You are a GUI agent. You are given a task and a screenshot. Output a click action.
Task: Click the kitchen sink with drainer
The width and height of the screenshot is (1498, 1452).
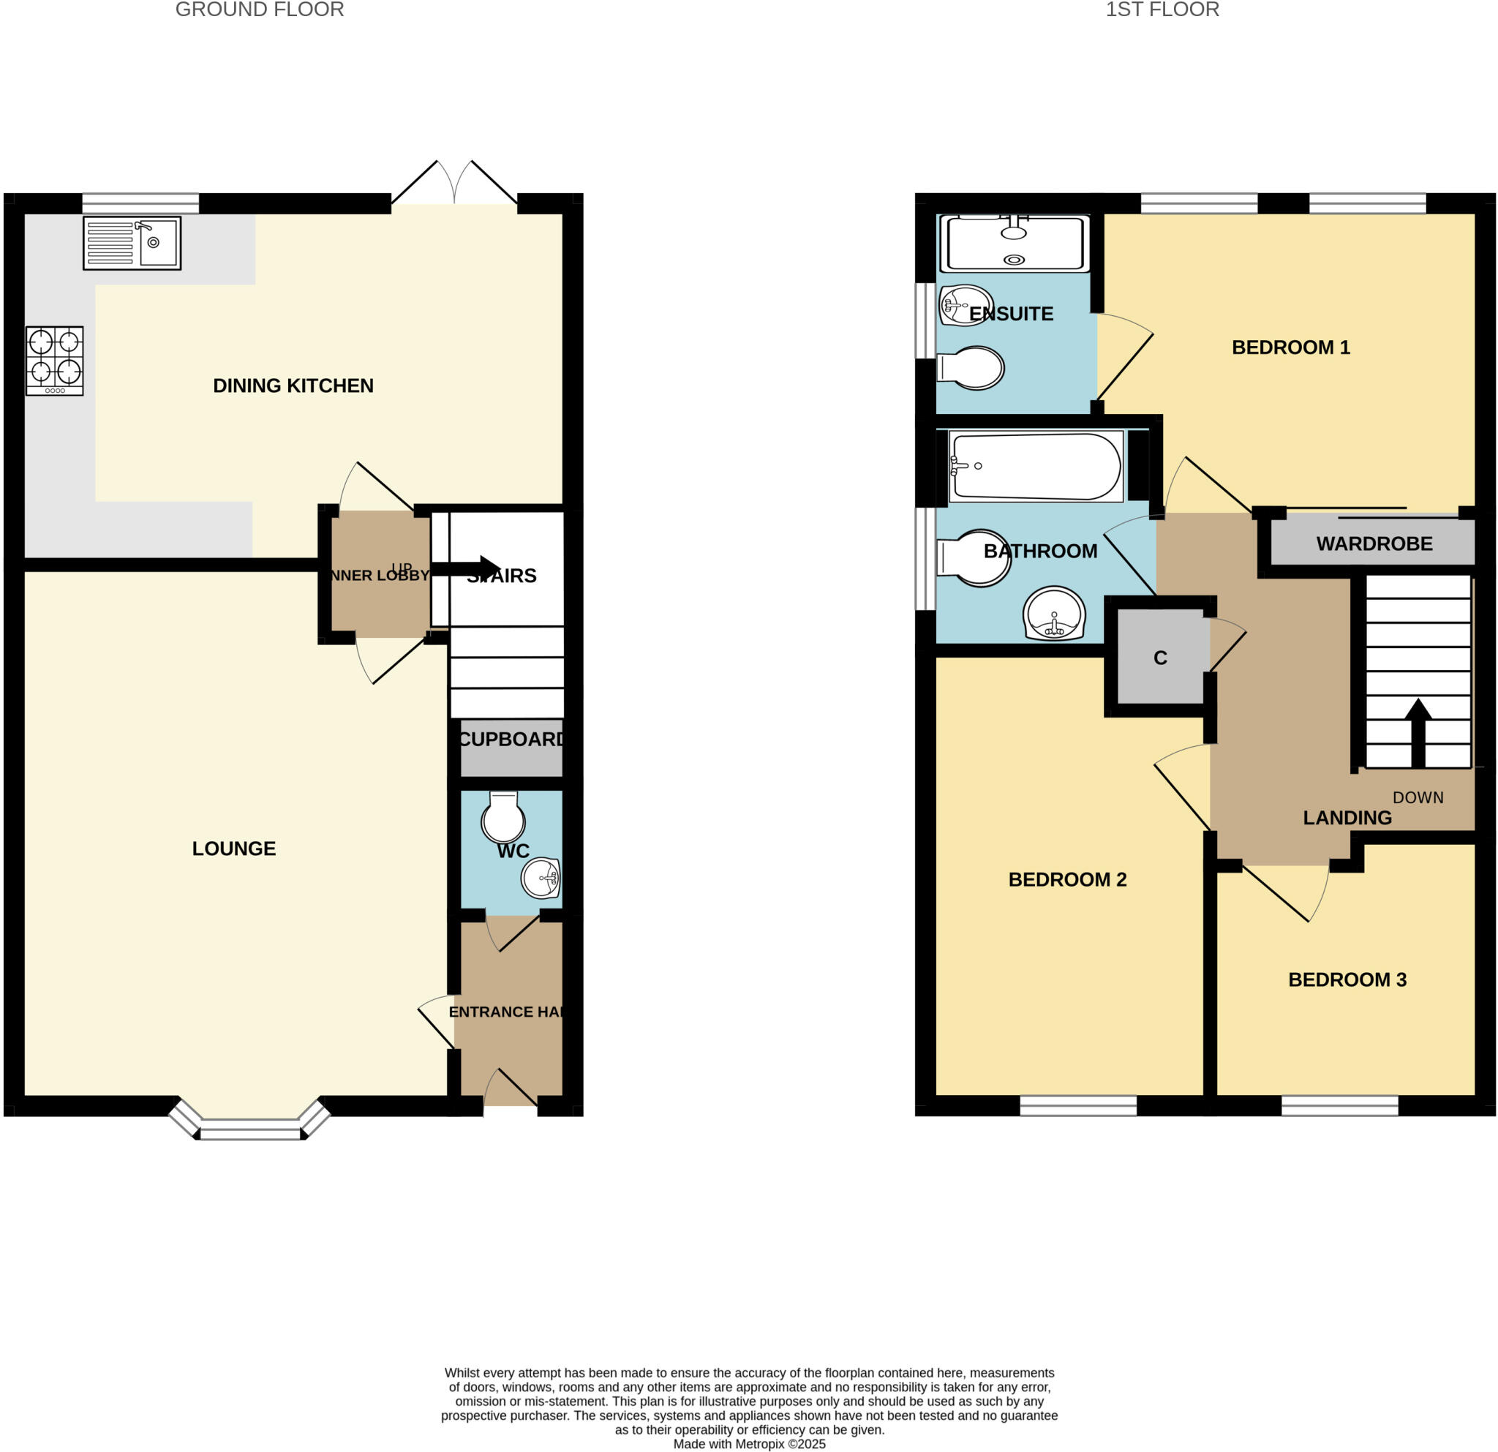[132, 243]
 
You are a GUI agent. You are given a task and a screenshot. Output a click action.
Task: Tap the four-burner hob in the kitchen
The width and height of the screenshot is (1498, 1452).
[54, 361]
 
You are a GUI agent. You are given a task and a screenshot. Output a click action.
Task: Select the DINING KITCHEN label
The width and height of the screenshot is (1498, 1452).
[293, 386]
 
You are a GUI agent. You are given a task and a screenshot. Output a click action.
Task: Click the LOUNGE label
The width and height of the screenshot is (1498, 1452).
[234, 849]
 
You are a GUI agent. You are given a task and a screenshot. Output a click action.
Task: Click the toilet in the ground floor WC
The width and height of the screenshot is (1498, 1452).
[503, 819]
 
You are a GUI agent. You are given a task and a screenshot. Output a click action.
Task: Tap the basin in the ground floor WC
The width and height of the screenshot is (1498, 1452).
[541, 878]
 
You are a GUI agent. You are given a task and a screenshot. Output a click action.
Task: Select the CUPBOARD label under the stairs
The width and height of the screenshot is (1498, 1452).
[511, 739]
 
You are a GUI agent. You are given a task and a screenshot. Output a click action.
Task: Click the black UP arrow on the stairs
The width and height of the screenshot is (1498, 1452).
[466, 568]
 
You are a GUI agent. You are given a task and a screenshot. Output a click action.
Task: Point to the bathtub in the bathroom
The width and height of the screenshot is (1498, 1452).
[1036, 466]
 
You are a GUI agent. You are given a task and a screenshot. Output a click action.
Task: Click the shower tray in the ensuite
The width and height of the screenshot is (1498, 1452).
[1014, 243]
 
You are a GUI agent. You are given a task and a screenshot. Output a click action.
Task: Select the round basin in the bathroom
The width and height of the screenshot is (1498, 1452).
[1054, 614]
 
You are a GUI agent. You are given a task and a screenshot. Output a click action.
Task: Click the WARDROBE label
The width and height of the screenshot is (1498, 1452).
[1374, 543]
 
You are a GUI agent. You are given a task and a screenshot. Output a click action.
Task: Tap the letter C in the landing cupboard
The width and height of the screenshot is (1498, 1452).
[1159, 658]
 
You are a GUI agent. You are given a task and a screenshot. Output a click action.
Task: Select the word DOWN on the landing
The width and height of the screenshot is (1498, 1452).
[1418, 797]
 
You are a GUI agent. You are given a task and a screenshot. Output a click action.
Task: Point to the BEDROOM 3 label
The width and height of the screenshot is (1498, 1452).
[1347, 979]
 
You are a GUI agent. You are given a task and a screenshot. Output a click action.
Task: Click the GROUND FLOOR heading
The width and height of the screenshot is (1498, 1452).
[259, 10]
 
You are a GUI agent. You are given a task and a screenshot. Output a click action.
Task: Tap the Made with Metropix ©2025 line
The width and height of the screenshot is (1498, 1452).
[749, 1444]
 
